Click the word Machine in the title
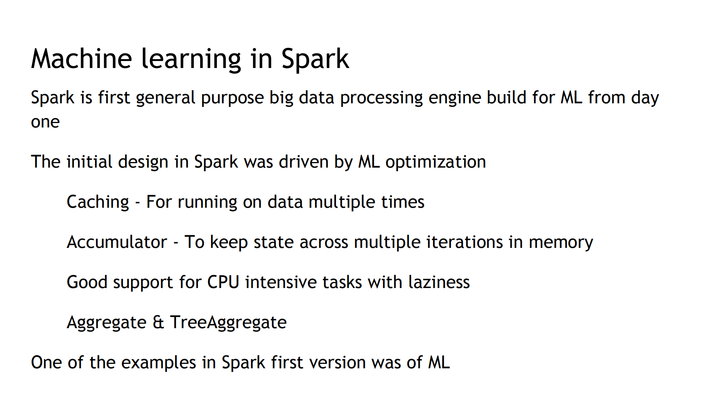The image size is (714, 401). (x=81, y=59)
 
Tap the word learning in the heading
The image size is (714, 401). (x=191, y=59)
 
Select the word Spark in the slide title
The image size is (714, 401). (x=315, y=59)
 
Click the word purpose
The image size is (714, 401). (x=232, y=98)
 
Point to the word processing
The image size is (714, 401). (x=381, y=98)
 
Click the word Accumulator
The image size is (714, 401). (x=117, y=242)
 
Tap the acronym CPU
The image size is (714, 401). (x=223, y=282)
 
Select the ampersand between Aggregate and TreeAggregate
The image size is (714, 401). (x=158, y=322)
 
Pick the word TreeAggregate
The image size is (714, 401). (x=228, y=323)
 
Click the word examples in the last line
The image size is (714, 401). (x=159, y=363)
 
